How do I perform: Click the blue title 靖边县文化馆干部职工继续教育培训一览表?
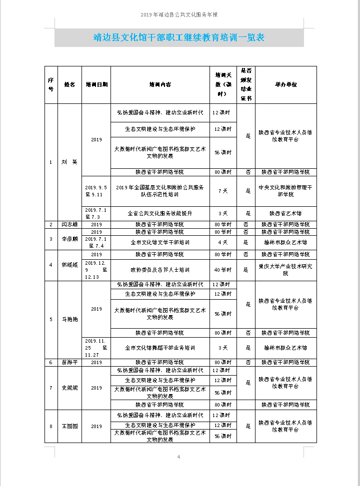(x=179, y=37)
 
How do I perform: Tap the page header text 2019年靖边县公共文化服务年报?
(x=179, y=15)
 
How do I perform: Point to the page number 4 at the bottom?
(x=178, y=457)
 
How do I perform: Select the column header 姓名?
(x=69, y=85)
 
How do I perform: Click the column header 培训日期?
(x=96, y=85)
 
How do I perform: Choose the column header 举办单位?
(x=285, y=85)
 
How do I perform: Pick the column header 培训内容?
(x=160, y=85)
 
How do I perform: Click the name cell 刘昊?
(x=69, y=162)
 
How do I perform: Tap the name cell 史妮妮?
(x=69, y=388)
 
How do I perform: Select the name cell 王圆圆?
(x=69, y=426)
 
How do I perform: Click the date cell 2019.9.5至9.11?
(x=96, y=191)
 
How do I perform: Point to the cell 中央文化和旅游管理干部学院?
(x=285, y=191)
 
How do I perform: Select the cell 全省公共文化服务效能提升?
(x=160, y=213)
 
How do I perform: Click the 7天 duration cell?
(x=223, y=191)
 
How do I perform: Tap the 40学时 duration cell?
(x=223, y=270)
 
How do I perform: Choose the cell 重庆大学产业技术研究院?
(x=285, y=270)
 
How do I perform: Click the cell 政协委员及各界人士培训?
(x=160, y=270)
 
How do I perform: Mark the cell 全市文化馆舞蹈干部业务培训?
(x=160, y=348)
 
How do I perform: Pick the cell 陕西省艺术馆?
(x=285, y=213)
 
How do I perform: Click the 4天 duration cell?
(x=223, y=242)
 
